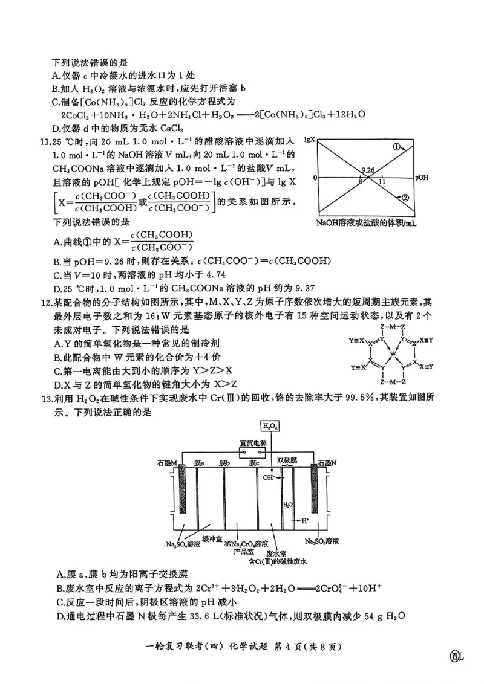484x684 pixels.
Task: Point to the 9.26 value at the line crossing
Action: click(367, 171)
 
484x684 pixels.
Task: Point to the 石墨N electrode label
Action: click(327, 463)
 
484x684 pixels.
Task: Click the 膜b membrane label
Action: click(224, 463)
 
